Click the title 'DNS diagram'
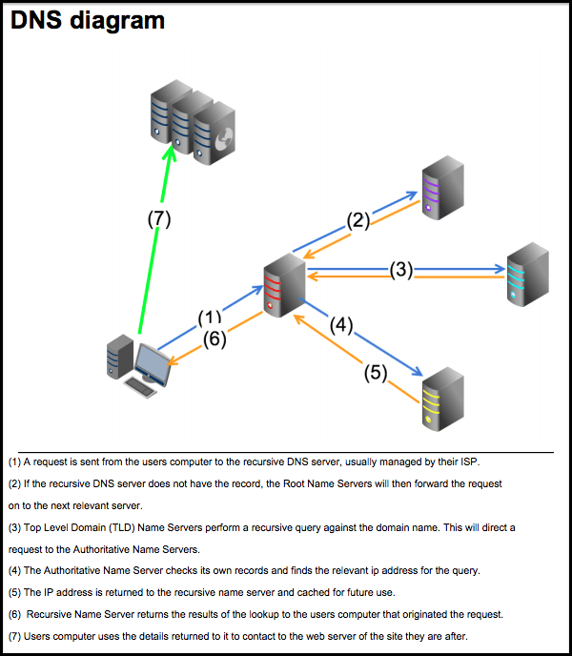tap(87, 20)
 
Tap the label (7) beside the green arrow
tap(158, 218)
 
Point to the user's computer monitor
tap(153, 362)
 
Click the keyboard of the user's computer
tap(142, 388)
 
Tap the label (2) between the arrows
tap(357, 221)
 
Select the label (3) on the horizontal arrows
tap(401, 270)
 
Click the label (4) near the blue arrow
tap(341, 324)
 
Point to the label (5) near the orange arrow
tap(377, 372)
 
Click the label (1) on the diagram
tap(209, 317)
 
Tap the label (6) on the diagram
tap(214, 339)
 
